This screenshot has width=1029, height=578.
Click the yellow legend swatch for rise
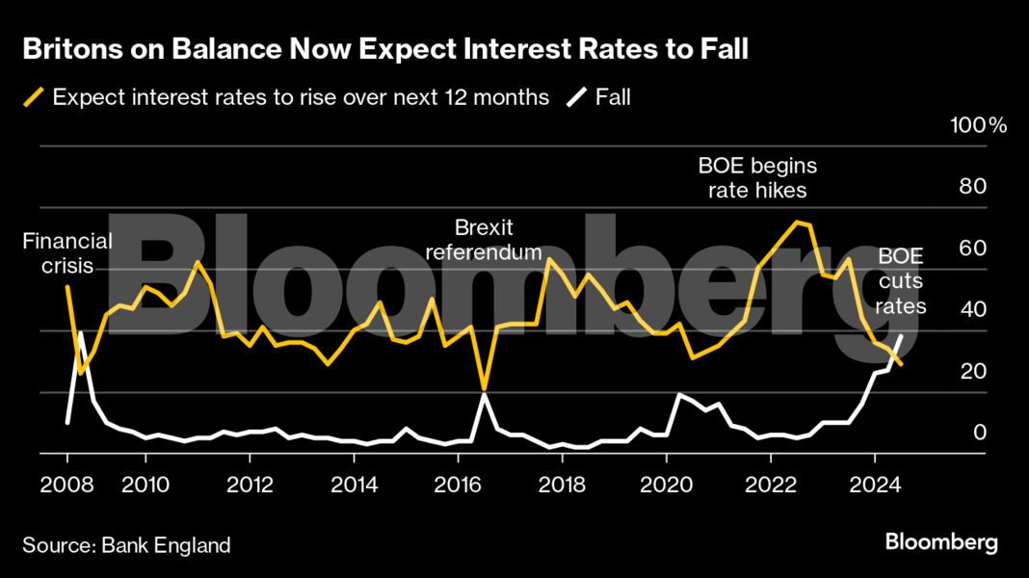tap(35, 97)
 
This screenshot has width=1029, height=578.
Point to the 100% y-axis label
tap(977, 126)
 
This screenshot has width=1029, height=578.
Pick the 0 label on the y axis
tap(980, 433)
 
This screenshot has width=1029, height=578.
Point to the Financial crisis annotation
tap(67, 252)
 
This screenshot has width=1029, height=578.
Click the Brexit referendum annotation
tap(484, 240)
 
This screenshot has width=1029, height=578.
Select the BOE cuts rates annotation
tap(901, 281)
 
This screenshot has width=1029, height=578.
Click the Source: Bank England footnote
tap(127, 545)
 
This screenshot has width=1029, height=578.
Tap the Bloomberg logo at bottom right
tap(941, 542)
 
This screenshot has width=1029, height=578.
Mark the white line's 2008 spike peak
tap(81, 332)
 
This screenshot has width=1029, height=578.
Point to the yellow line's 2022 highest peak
tap(796, 222)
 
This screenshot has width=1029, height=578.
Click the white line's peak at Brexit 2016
tap(484, 394)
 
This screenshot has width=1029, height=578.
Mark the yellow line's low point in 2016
tap(484, 388)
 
